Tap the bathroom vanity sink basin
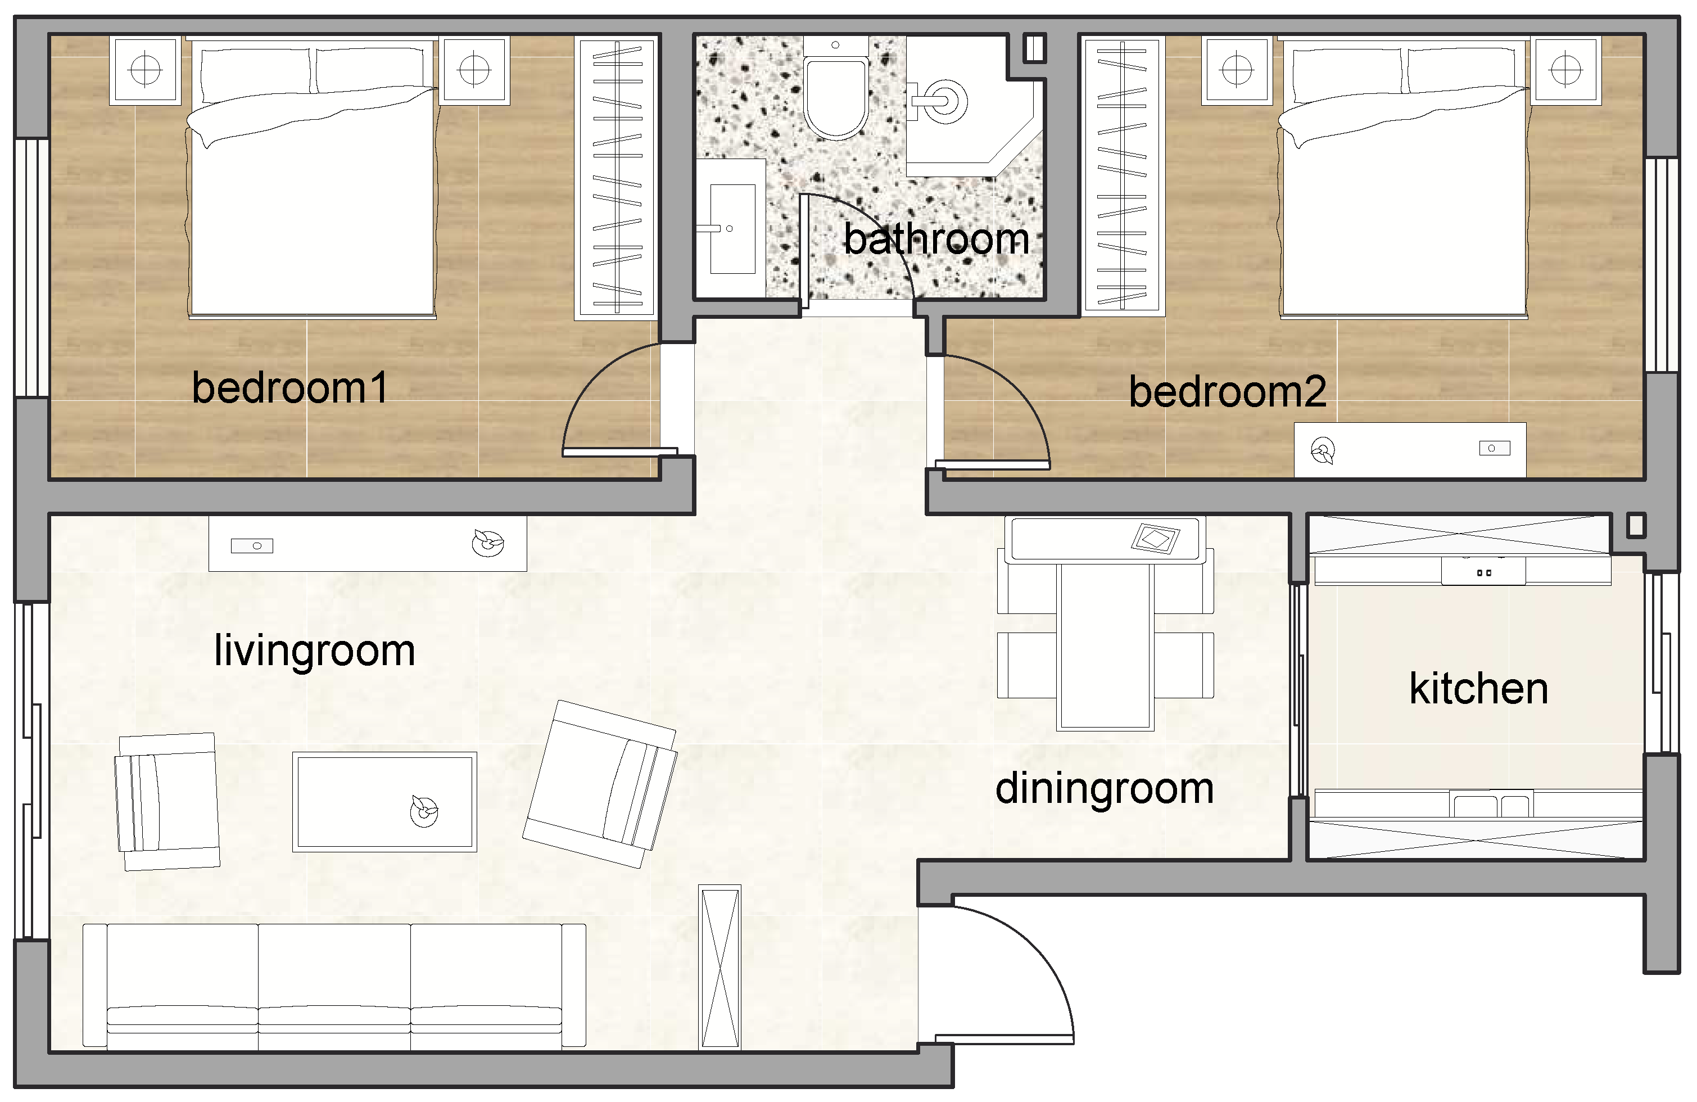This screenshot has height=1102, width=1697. coord(732,228)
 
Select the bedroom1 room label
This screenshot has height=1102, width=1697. coord(290,388)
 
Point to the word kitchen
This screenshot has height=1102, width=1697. coord(1479,688)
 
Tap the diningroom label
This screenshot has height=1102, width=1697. coord(1105,789)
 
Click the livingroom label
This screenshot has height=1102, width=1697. coord(314,651)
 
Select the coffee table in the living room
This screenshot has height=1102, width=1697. coord(384,802)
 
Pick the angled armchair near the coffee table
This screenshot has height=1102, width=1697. coord(600,784)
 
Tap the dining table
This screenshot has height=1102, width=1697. coord(1105,646)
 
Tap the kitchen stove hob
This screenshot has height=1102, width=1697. coord(1484,571)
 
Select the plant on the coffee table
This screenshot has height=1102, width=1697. coord(424,810)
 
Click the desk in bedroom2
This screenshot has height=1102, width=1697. coord(1410,450)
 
